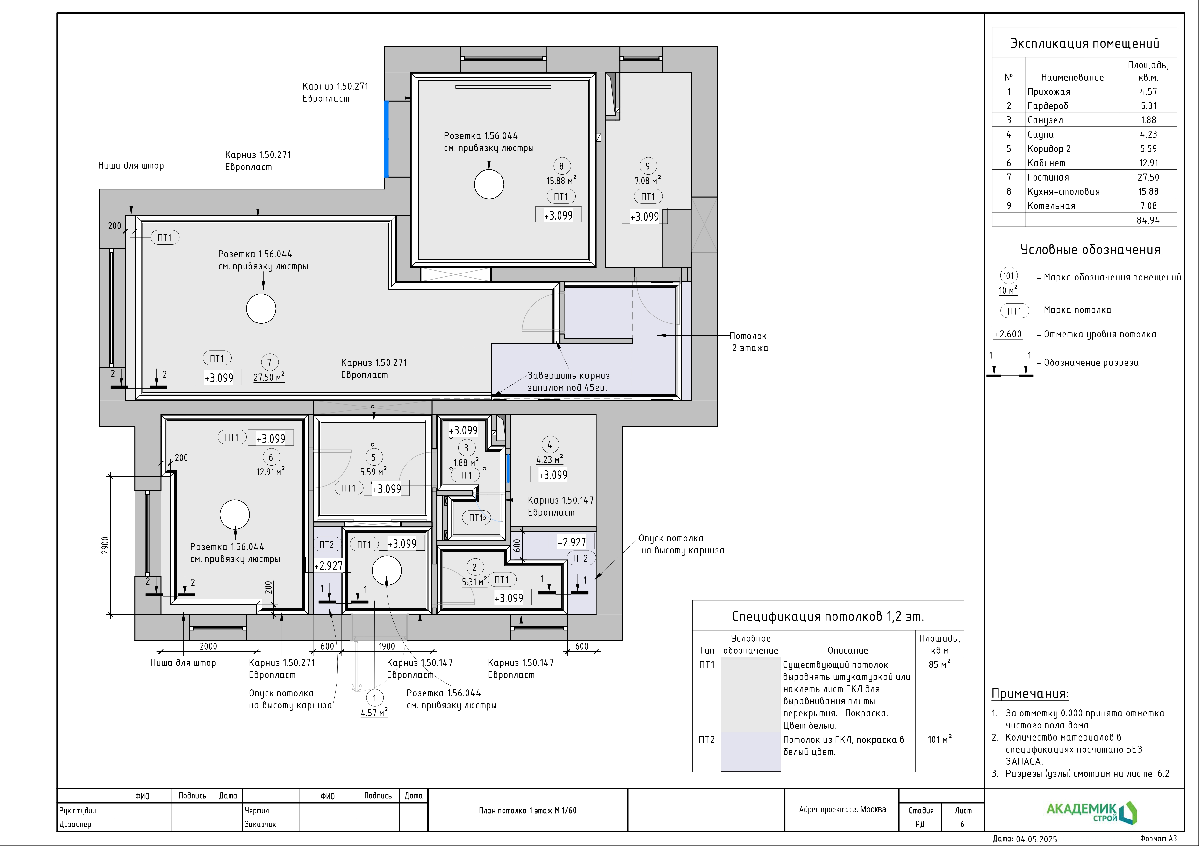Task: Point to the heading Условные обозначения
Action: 1090,250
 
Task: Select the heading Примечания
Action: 1030,693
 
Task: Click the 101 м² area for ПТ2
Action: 940,740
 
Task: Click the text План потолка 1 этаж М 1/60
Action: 527,811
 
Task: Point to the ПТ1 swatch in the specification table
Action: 750,694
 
